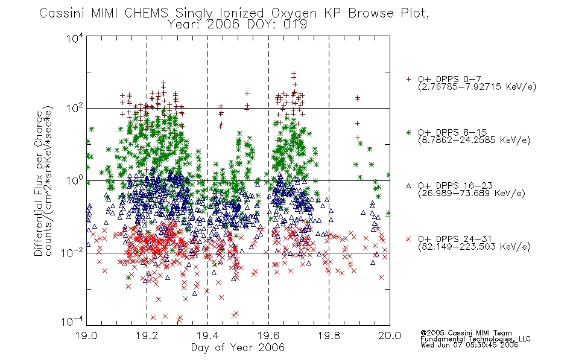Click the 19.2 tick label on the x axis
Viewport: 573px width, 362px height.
[147, 335]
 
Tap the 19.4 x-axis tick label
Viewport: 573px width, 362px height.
[207, 335]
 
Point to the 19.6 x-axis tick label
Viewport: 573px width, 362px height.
[268, 335]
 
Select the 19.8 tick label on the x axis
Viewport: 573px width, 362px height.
[329, 335]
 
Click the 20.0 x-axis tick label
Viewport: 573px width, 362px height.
[390, 335]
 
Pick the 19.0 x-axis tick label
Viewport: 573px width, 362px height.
[87, 335]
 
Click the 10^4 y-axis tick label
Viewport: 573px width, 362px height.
[75, 38]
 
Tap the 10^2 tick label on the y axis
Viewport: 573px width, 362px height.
[75, 108]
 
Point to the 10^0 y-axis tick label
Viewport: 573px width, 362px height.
[75, 180]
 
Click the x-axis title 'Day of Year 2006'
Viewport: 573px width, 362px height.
[238, 348]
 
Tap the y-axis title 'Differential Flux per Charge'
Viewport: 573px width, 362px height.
[39, 183]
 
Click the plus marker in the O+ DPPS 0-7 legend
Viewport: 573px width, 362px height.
[408, 79]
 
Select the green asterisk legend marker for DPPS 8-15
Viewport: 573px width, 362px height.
[408, 132]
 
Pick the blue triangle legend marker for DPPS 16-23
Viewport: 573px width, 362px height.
[408, 186]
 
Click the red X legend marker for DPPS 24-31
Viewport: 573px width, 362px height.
[408, 239]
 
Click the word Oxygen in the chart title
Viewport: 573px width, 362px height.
[294, 13]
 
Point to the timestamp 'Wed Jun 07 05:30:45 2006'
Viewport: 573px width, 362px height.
[469, 345]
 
